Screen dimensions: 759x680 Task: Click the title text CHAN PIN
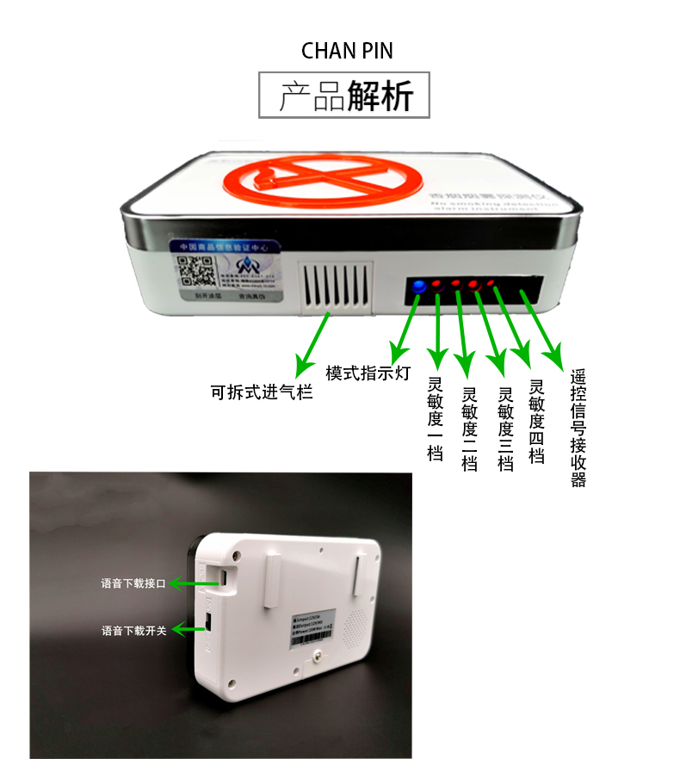tap(347, 51)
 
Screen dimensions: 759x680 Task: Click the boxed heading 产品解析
tap(345, 96)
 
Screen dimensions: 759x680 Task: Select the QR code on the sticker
tap(196, 268)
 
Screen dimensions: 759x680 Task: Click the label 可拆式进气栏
tap(261, 392)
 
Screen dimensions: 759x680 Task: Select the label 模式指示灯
tap(368, 373)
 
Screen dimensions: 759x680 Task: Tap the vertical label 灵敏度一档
tap(435, 419)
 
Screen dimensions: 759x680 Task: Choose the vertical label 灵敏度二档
tap(470, 429)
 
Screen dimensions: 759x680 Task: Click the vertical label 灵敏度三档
tap(506, 429)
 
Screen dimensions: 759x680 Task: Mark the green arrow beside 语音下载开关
tap(191, 629)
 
